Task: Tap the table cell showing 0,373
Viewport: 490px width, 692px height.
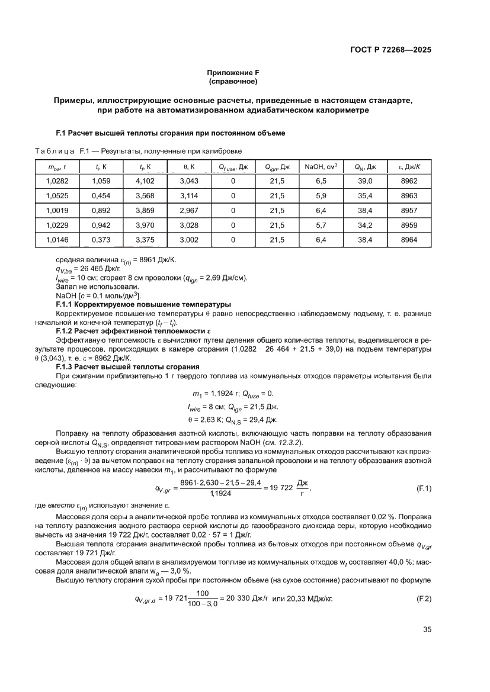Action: pos(101,240)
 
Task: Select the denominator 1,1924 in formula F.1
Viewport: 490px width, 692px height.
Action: pos(220,493)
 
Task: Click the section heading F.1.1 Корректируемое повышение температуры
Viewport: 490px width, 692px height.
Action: pos(143,304)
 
